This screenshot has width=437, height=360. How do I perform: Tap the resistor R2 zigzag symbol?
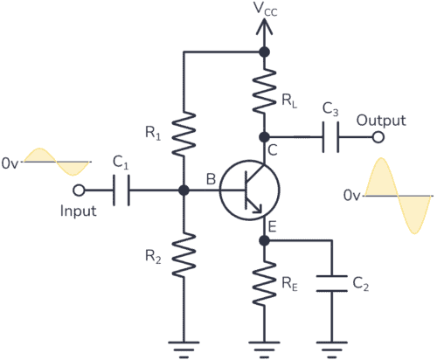point(184,253)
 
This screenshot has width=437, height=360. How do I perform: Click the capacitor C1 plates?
point(123,190)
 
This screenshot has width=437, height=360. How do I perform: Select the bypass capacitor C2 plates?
point(333,284)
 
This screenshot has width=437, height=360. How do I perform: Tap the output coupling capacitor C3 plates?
point(331,137)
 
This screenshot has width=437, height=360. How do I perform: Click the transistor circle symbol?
point(250,190)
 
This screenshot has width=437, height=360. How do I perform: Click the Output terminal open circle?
point(378,137)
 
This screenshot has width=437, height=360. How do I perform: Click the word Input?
point(77,211)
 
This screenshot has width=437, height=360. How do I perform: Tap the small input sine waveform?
point(56,163)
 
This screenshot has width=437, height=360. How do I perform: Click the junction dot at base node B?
point(184,190)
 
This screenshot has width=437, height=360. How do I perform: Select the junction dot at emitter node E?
point(263,239)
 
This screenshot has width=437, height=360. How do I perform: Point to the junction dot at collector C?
point(263,137)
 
